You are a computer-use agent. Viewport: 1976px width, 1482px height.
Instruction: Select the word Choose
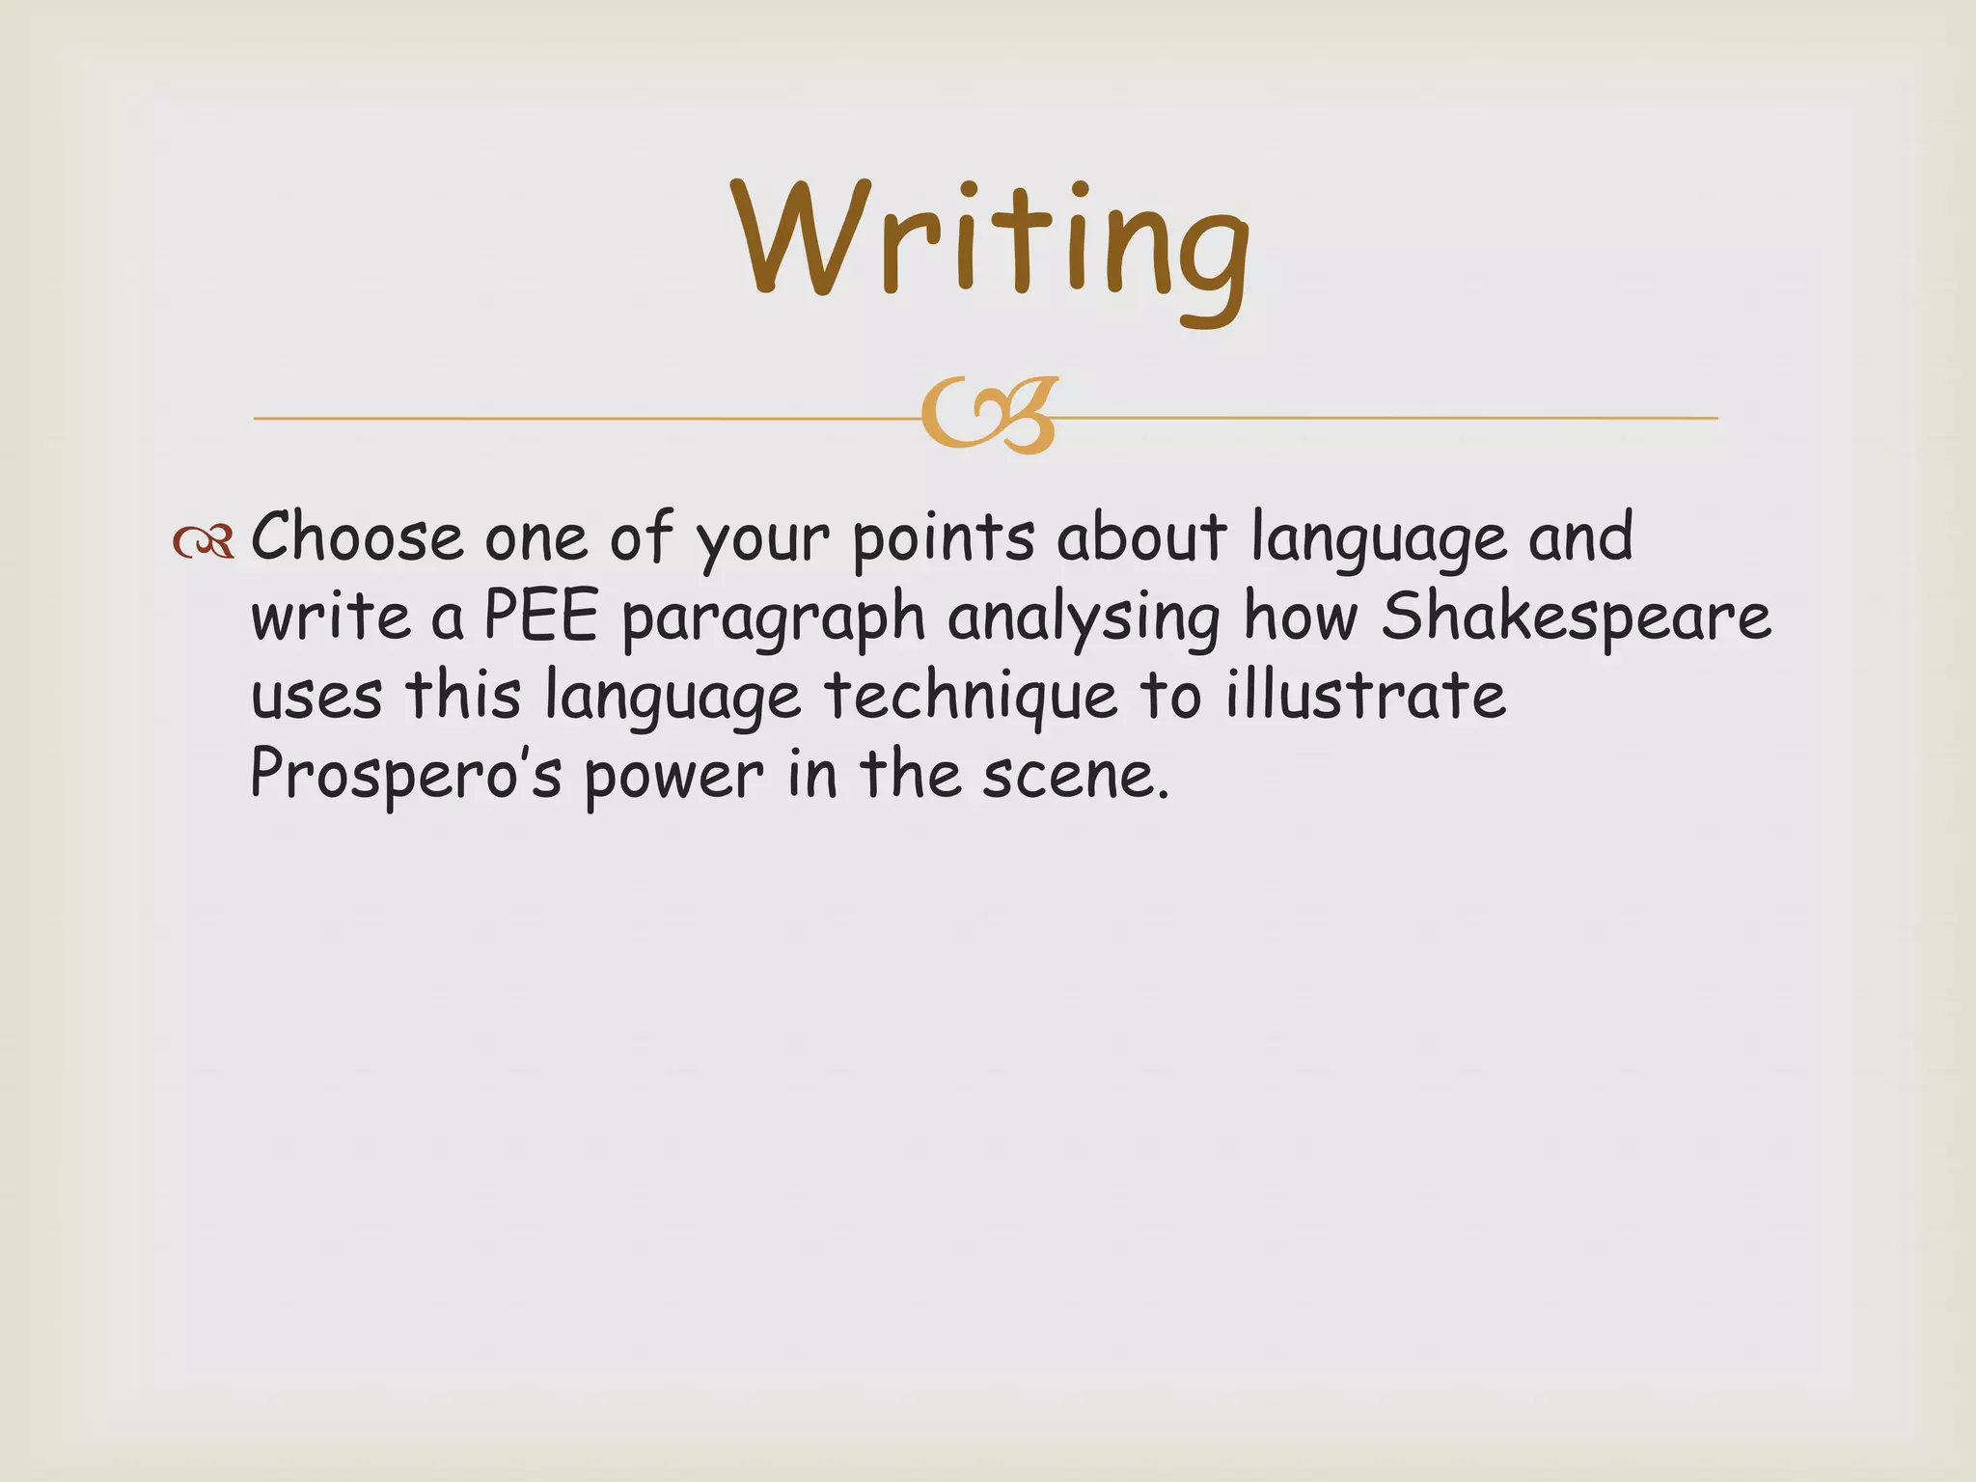(357, 536)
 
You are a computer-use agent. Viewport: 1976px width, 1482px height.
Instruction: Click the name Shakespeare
(1576, 618)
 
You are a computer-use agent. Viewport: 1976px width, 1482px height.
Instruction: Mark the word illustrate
(1365, 695)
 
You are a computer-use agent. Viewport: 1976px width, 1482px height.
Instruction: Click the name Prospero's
(405, 776)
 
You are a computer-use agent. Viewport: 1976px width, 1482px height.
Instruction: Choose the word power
(673, 778)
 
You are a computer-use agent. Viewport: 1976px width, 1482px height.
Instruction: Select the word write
(331, 617)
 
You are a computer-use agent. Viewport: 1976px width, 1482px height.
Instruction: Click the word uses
(316, 697)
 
